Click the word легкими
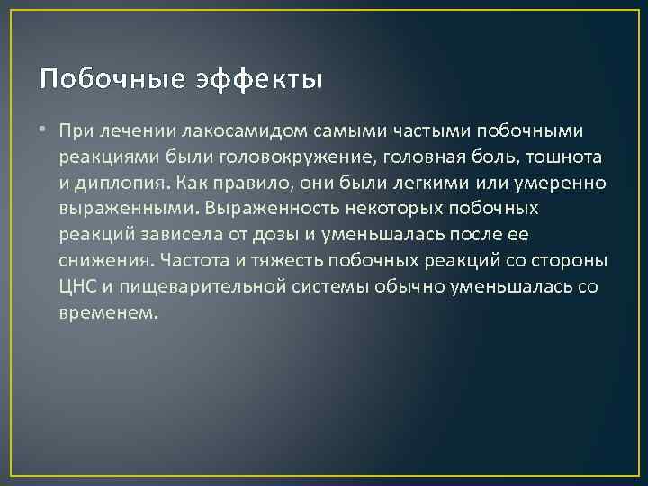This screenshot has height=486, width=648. pos(427,184)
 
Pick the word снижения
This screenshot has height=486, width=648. pos(101,262)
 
